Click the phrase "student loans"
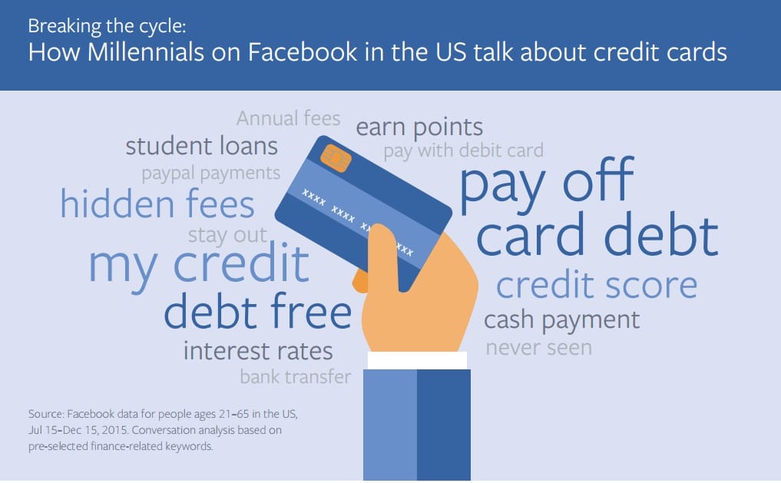[x=202, y=147]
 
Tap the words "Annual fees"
[x=289, y=118]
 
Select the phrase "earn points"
[x=419, y=127]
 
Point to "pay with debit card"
[x=463, y=151]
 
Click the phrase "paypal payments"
[x=210, y=174]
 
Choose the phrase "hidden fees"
[x=157, y=204]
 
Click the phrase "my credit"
[x=199, y=266]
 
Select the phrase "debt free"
[x=258, y=311]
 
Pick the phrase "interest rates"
[x=258, y=351]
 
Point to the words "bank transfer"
[x=296, y=377]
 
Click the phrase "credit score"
[x=597, y=286]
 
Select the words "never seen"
[x=539, y=348]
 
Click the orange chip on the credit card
[x=336, y=158]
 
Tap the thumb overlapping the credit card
[x=385, y=256]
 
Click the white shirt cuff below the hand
[x=418, y=360]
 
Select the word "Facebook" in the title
[x=303, y=52]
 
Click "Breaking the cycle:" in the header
[x=107, y=26]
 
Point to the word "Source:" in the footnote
[x=46, y=414]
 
